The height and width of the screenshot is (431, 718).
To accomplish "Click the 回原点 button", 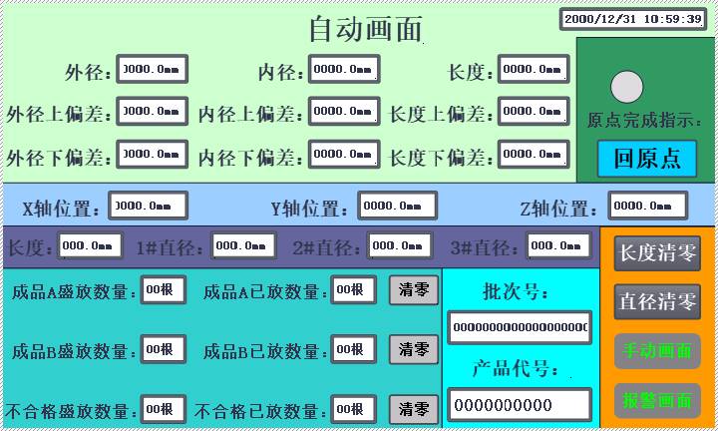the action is click(x=646, y=159).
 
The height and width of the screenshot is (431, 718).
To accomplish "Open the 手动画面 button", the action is click(x=657, y=351).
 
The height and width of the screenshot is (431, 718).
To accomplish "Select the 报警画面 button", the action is click(x=657, y=400).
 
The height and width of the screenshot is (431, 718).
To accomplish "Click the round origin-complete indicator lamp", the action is click(x=626, y=88).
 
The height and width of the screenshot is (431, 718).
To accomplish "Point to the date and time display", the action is click(x=632, y=19).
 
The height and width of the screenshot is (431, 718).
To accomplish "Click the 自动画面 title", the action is click(x=365, y=29).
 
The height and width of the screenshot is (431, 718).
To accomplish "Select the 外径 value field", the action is click(x=152, y=70).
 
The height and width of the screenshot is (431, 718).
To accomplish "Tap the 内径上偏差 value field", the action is click(x=343, y=112).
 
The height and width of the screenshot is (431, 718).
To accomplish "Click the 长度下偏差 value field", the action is click(x=534, y=155).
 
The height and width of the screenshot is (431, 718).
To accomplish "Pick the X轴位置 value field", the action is click(x=147, y=206).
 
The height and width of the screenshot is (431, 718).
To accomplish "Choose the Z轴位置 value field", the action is click(x=647, y=206).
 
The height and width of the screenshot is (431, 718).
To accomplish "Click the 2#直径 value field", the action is click(x=400, y=245).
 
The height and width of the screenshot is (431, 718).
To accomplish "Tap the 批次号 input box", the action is click(x=519, y=326).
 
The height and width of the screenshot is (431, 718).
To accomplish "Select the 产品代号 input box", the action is click(x=519, y=404).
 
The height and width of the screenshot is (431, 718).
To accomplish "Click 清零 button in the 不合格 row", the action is click(x=413, y=408).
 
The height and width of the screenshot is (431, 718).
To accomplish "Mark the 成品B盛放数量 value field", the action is click(x=163, y=349).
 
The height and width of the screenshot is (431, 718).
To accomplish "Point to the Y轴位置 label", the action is click(x=310, y=209).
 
